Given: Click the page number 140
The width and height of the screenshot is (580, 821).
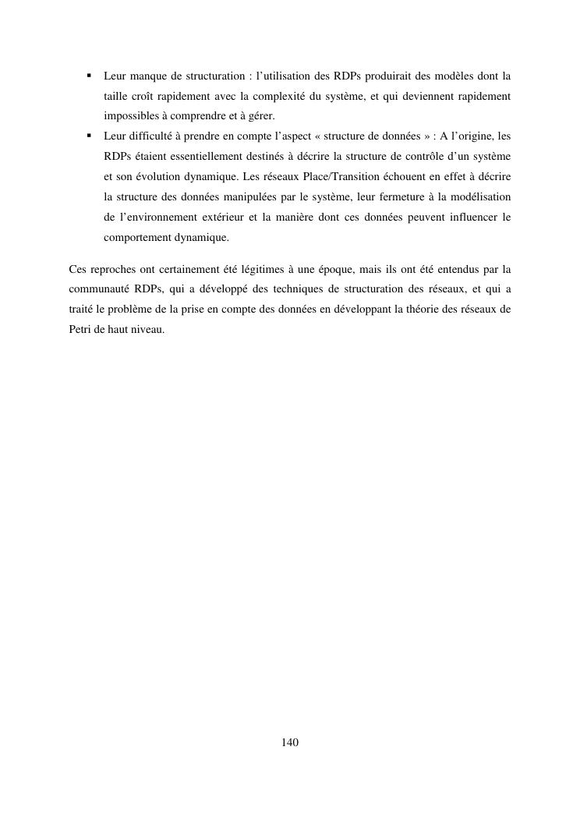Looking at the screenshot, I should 290,742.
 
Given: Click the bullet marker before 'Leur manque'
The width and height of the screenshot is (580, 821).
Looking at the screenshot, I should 89,76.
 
